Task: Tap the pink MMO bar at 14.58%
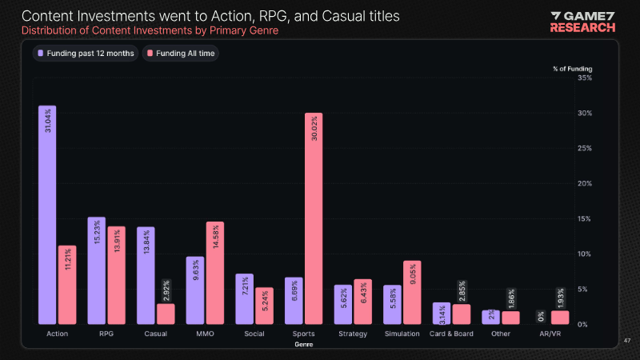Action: click(214, 273)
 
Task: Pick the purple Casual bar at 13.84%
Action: click(146, 275)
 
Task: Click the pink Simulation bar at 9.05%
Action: click(412, 292)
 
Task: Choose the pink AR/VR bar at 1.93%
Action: click(560, 318)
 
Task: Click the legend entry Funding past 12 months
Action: click(85, 53)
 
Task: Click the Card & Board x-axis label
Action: click(451, 334)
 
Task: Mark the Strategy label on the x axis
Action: click(353, 334)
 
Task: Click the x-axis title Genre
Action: click(303, 344)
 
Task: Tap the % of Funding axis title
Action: click(572, 69)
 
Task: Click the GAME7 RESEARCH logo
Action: click(582, 21)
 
